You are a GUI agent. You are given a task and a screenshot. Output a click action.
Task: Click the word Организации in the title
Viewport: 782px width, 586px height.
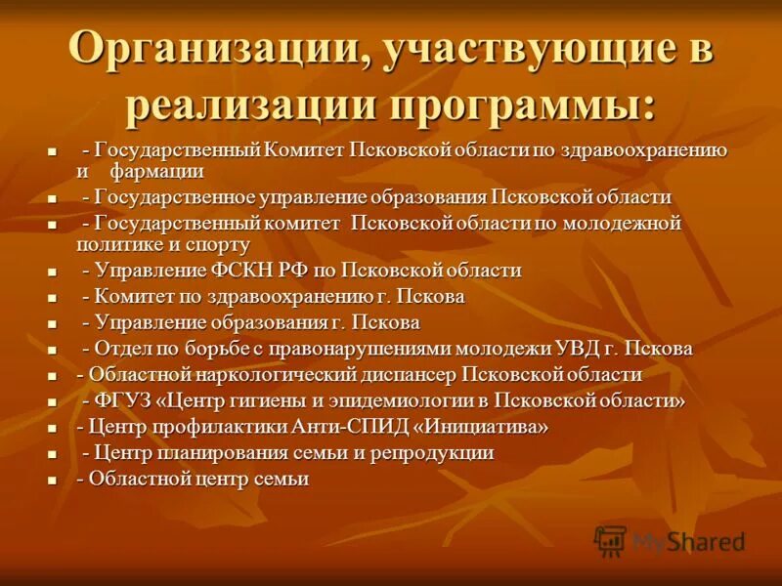click(x=213, y=51)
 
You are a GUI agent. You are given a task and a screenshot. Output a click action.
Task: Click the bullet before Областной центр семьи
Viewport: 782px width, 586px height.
click(x=52, y=481)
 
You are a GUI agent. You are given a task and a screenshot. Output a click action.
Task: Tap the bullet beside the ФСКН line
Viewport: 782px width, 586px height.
click(x=52, y=272)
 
